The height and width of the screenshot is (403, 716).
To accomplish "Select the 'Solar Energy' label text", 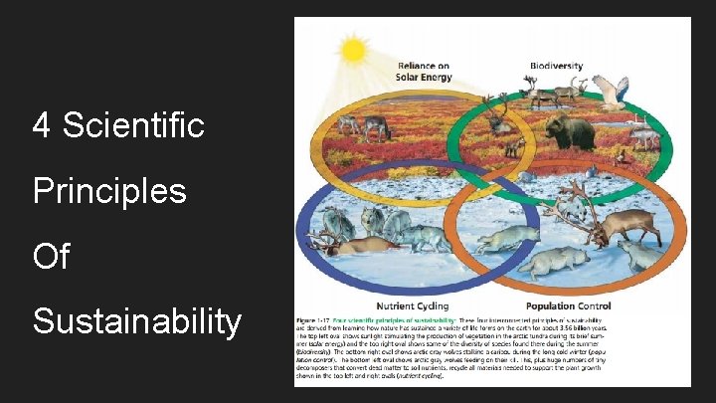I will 423,77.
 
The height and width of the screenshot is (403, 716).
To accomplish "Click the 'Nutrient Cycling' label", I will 413,304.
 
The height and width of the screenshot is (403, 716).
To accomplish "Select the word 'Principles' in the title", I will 109,190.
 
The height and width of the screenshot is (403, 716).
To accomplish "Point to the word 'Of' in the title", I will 51,256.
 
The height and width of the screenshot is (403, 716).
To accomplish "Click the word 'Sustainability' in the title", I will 137,321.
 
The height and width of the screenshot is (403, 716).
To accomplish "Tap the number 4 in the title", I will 42,125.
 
